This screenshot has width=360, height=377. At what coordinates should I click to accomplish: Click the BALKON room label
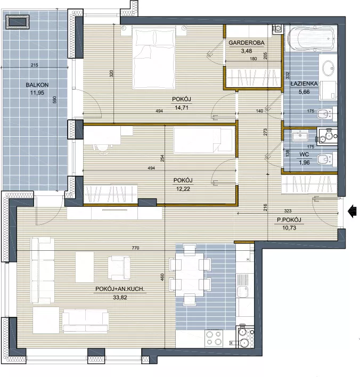coord(37,85)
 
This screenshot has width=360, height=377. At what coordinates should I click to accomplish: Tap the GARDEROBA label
coord(246,43)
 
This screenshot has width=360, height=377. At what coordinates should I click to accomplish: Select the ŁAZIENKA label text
coord(304,84)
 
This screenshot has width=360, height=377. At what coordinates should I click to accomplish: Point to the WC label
coord(304,154)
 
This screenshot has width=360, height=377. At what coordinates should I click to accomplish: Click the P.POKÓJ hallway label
coord(289,220)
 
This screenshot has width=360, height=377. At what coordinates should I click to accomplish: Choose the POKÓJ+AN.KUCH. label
coord(120,289)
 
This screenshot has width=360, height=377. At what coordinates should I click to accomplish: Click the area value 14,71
coord(181,108)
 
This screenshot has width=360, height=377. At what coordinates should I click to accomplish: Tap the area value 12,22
coord(183,188)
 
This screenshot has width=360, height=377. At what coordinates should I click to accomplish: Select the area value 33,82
coord(120,298)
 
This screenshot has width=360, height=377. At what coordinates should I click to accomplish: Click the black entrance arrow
coord(352,211)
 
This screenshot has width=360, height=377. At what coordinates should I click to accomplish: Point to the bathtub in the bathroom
coord(310,38)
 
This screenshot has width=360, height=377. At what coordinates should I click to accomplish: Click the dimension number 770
coord(135,248)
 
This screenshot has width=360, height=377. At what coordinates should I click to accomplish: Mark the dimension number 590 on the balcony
coord(54,100)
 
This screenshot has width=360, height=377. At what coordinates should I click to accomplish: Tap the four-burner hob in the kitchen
coord(214,338)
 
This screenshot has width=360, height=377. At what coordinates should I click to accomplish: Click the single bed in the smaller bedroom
coord(204,141)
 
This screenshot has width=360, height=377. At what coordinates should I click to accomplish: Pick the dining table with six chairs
coord(190,274)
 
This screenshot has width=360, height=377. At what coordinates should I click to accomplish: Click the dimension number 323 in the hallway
coord(288,211)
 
